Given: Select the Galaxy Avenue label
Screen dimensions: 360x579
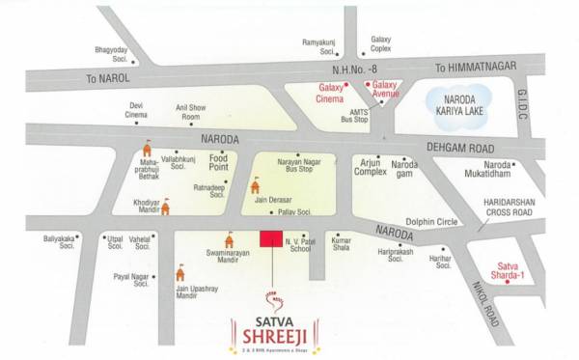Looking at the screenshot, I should click(x=385, y=92).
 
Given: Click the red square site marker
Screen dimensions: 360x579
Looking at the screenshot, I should click(x=270, y=239).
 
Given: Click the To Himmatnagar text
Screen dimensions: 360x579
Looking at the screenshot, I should click(x=475, y=67).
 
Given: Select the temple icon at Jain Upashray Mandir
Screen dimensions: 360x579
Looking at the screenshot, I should click(x=180, y=275).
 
